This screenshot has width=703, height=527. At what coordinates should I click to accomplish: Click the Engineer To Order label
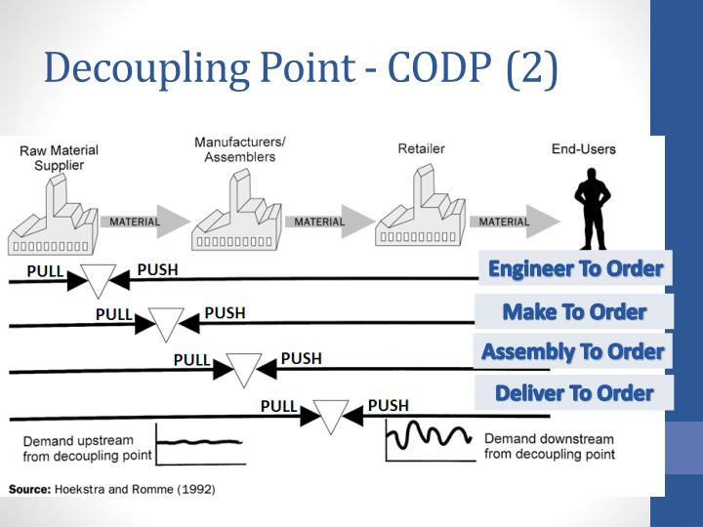pyautogui.click(x=575, y=268)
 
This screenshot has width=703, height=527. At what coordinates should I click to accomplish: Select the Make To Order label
pyautogui.click(x=574, y=311)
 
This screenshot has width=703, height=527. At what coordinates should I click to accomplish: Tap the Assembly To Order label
pyautogui.click(x=573, y=351)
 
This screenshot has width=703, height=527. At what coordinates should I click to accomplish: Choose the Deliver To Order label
pyautogui.click(x=573, y=393)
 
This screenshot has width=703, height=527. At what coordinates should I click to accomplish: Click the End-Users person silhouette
pyautogui.click(x=592, y=210)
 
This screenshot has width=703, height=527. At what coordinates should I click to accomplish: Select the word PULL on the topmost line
pyautogui.click(x=46, y=270)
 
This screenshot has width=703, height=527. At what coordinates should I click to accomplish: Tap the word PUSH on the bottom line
pyautogui.click(x=388, y=405)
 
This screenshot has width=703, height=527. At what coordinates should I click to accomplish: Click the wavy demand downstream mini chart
pyautogui.click(x=431, y=439)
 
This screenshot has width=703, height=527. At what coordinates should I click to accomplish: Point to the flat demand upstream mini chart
pyautogui.click(x=199, y=443)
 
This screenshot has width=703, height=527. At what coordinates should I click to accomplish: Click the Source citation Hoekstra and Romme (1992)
pyautogui.click(x=111, y=488)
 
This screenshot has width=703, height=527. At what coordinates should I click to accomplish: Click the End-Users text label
pyautogui.click(x=584, y=149)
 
